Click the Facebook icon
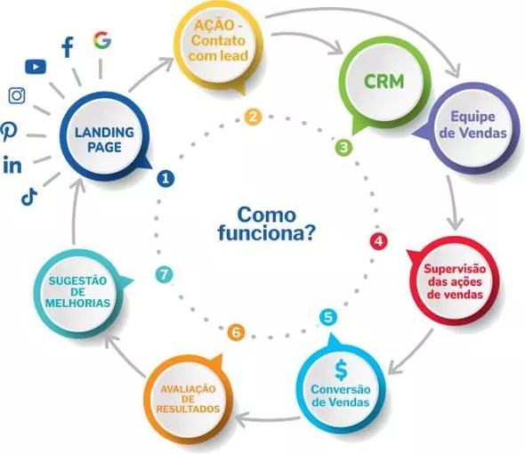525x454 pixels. click(x=68, y=47)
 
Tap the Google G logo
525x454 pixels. click(x=102, y=41)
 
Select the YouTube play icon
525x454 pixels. click(x=36, y=67)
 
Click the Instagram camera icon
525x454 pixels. click(x=17, y=96)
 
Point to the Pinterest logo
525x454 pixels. click(x=8, y=132)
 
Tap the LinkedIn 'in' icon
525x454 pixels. click(x=12, y=165)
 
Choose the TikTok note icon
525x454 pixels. click(x=29, y=197)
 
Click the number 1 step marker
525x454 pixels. click(x=166, y=178)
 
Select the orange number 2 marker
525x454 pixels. click(x=253, y=117)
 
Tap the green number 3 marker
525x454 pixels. click(x=343, y=148)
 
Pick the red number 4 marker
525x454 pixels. click(x=379, y=241)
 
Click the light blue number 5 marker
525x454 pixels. click(x=328, y=317)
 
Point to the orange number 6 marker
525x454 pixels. click(x=236, y=333)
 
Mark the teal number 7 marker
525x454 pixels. click(x=164, y=275)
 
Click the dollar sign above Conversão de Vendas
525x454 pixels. click(x=341, y=370)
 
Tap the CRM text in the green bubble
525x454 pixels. click(x=384, y=81)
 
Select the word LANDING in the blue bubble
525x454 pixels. click(x=104, y=133)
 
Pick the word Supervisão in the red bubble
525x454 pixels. click(x=455, y=269)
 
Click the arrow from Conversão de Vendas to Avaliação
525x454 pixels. click(x=268, y=419)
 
